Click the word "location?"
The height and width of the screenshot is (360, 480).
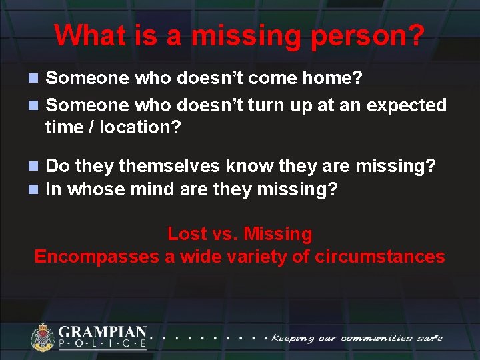pos(140,127)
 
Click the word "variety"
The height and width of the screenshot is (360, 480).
pos(253,257)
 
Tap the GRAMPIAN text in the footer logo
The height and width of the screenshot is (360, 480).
pos(103,331)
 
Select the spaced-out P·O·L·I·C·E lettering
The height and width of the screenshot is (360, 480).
pos(103,344)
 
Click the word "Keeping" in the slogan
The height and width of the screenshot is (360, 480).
pos(293,338)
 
